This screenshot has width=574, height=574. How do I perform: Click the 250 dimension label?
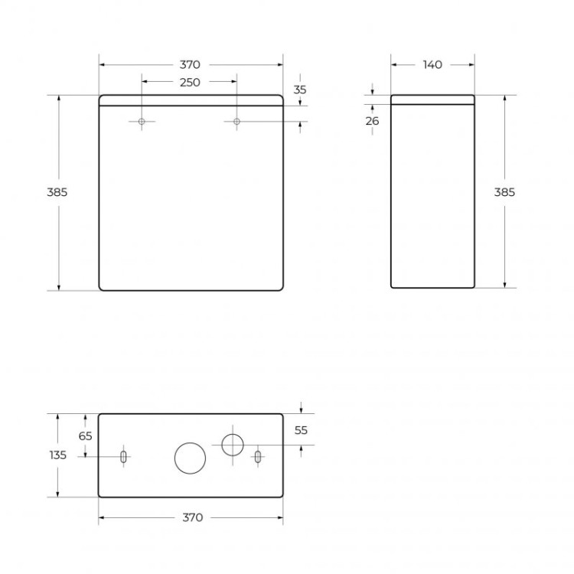(x=190, y=83)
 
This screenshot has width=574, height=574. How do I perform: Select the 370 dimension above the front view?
(x=190, y=65)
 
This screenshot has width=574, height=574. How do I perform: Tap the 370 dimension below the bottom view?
(x=192, y=518)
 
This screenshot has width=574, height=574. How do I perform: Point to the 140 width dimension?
(x=432, y=65)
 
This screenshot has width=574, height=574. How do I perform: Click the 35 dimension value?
(x=300, y=90)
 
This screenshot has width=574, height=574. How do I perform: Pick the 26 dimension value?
(x=373, y=120)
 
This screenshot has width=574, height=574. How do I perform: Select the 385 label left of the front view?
(x=57, y=192)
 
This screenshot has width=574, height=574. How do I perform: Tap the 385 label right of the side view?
(x=504, y=192)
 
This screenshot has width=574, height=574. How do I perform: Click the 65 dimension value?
(x=85, y=435)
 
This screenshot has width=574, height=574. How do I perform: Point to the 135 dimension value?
(x=57, y=455)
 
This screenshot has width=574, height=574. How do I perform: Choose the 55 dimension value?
(x=301, y=430)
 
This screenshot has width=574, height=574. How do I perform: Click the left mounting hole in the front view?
(x=142, y=122)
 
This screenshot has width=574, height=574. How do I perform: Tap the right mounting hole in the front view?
(x=236, y=122)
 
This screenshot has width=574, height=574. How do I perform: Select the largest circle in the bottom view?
(x=190, y=458)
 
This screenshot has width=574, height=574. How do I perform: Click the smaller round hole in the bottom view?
(x=232, y=444)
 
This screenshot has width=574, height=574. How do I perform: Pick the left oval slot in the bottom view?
(x=122, y=457)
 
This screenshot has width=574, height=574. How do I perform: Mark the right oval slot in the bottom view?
(x=258, y=457)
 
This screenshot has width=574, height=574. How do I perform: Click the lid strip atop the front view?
(x=191, y=99)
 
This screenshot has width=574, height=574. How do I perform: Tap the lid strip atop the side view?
(x=432, y=99)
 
